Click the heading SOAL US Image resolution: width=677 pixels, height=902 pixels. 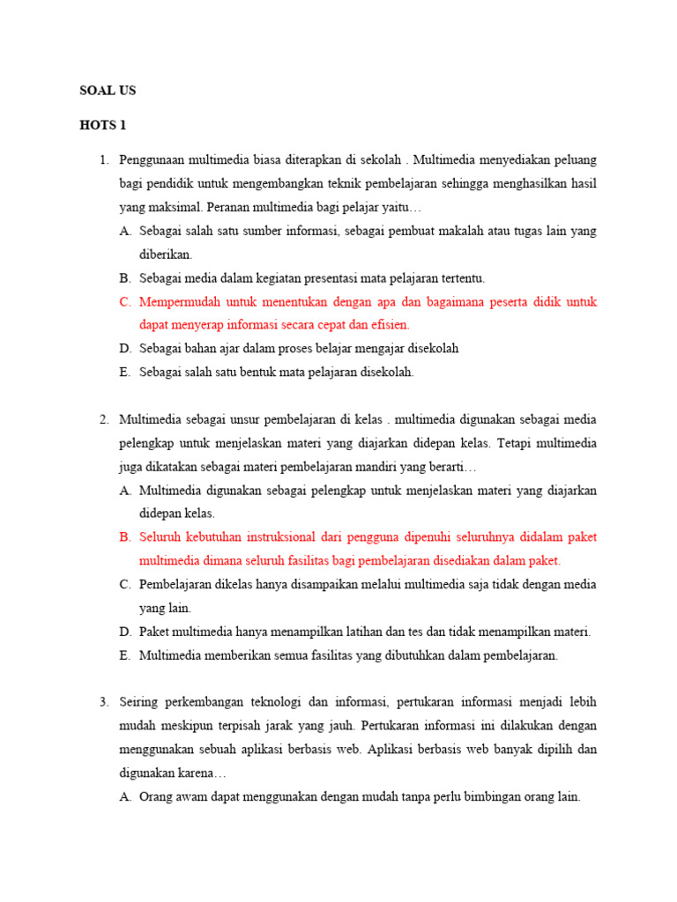[x=108, y=90]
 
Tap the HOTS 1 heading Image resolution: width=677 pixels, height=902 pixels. [x=103, y=125]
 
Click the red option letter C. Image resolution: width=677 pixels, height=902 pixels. [x=124, y=301]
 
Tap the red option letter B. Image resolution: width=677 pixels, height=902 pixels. [x=124, y=536]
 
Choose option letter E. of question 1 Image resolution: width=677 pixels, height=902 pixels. [x=124, y=372]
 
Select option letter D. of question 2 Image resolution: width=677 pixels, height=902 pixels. [x=124, y=631]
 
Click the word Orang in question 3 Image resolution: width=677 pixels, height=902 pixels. [x=156, y=796]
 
